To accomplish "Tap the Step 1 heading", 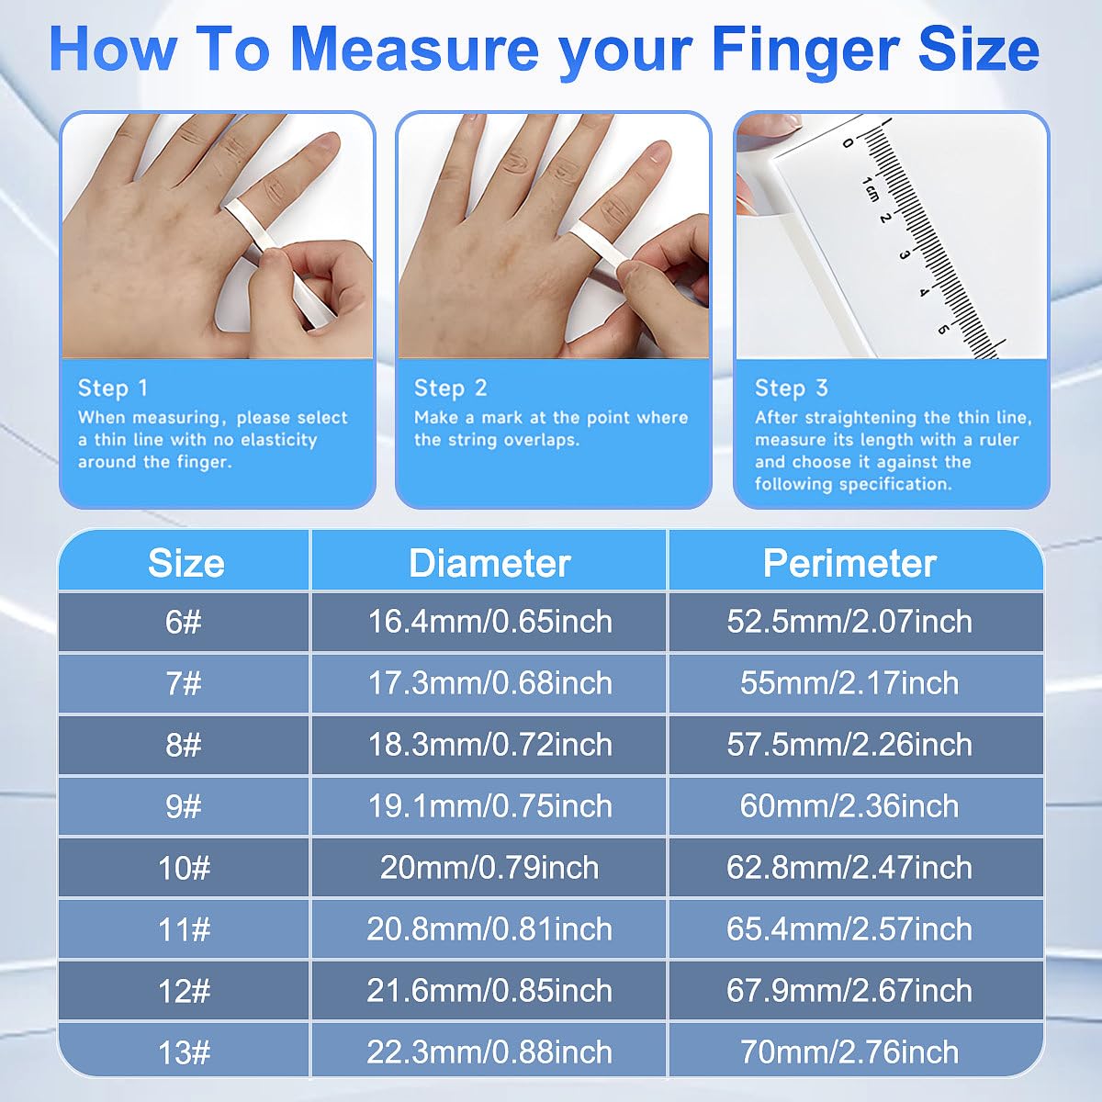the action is pyautogui.click(x=113, y=388).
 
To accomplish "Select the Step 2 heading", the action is pyautogui.click(x=451, y=388).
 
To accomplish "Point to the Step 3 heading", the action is pyautogui.click(x=791, y=388).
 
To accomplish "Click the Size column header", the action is pyautogui.click(x=186, y=563).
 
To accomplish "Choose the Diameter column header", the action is pyautogui.click(x=489, y=563).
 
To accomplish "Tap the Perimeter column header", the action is pyautogui.click(x=849, y=563).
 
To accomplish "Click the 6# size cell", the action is pyautogui.click(x=183, y=622).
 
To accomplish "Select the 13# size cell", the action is pyautogui.click(x=185, y=1052).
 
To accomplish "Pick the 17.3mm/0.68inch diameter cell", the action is pyautogui.click(x=489, y=683).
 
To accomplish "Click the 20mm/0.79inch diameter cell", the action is pyautogui.click(x=489, y=868).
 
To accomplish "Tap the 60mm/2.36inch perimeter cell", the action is pyautogui.click(x=849, y=806).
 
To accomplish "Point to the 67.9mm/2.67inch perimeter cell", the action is pyautogui.click(x=849, y=991).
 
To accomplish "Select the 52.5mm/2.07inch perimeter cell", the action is pyautogui.click(x=849, y=622).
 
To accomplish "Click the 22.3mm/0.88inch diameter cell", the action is pyautogui.click(x=489, y=1052).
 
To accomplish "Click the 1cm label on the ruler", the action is pyautogui.click(x=870, y=189).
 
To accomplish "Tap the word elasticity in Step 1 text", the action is pyautogui.click(x=278, y=440).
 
